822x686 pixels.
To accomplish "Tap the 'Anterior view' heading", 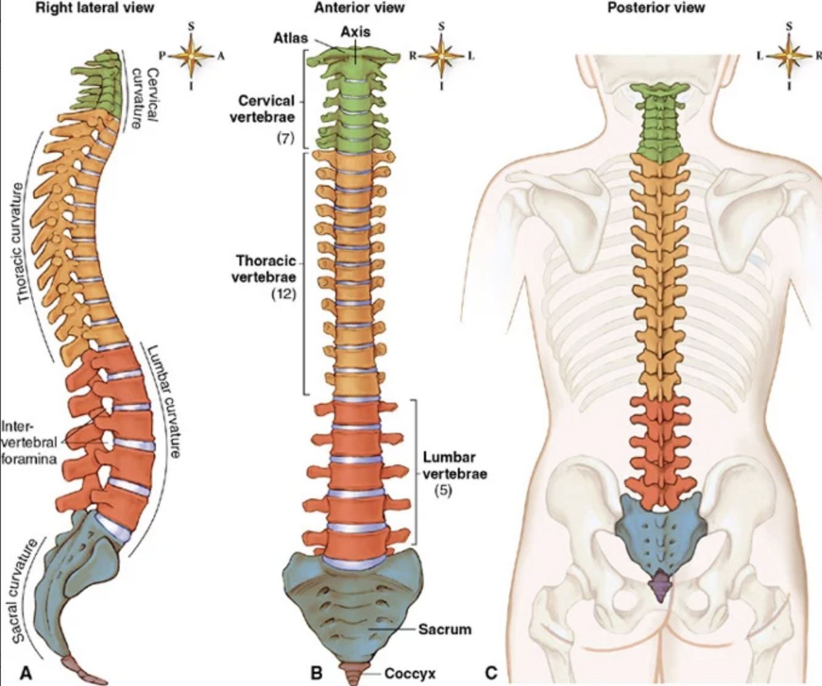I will coord(359,8).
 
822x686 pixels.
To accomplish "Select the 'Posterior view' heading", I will coord(656,8).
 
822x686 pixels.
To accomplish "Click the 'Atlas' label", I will coord(291,38).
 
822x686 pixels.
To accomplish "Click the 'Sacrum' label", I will coord(445,629).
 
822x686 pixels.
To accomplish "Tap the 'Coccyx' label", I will coord(410,674).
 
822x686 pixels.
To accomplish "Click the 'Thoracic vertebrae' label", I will coord(264,269).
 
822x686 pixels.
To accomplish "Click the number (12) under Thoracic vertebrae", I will coord(284,294).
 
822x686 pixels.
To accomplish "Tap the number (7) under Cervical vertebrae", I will coord(284,139).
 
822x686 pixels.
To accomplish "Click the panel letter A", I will coord(25,672).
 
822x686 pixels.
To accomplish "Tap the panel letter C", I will coord(490,672).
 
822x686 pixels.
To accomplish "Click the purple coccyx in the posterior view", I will coord(660,584).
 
